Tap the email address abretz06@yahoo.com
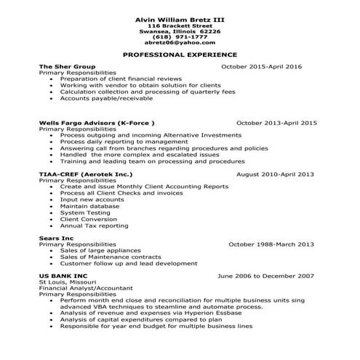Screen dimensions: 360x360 pyautogui.click(x=179, y=43)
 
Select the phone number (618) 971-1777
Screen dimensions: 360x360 pyautogui.click(x=179, y=36)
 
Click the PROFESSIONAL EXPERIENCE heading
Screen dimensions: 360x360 pyautogui.click(x=179, y=55)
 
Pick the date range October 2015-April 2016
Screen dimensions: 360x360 pyautogui.click(x=260, y=66)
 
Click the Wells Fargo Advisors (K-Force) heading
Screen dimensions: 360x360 pyautogui.click(x=96, y=123)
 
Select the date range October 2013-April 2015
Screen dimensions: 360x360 pyautogui.click(x=276, y=123)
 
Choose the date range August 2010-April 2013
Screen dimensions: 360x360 pyautogui.click(x=276, y=175)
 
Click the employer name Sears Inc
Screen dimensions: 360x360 pyautogui.click(x=55, y=238)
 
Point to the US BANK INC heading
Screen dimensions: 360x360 pyautogui.click(x=63, y=276)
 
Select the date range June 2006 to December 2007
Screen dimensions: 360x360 pyautogui.click(x=265, y=276)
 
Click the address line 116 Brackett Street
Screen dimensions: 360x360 pyautogui.click(x=179, y=25)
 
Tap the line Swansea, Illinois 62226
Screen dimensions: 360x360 pyautogui.click(x=179, y=31)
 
